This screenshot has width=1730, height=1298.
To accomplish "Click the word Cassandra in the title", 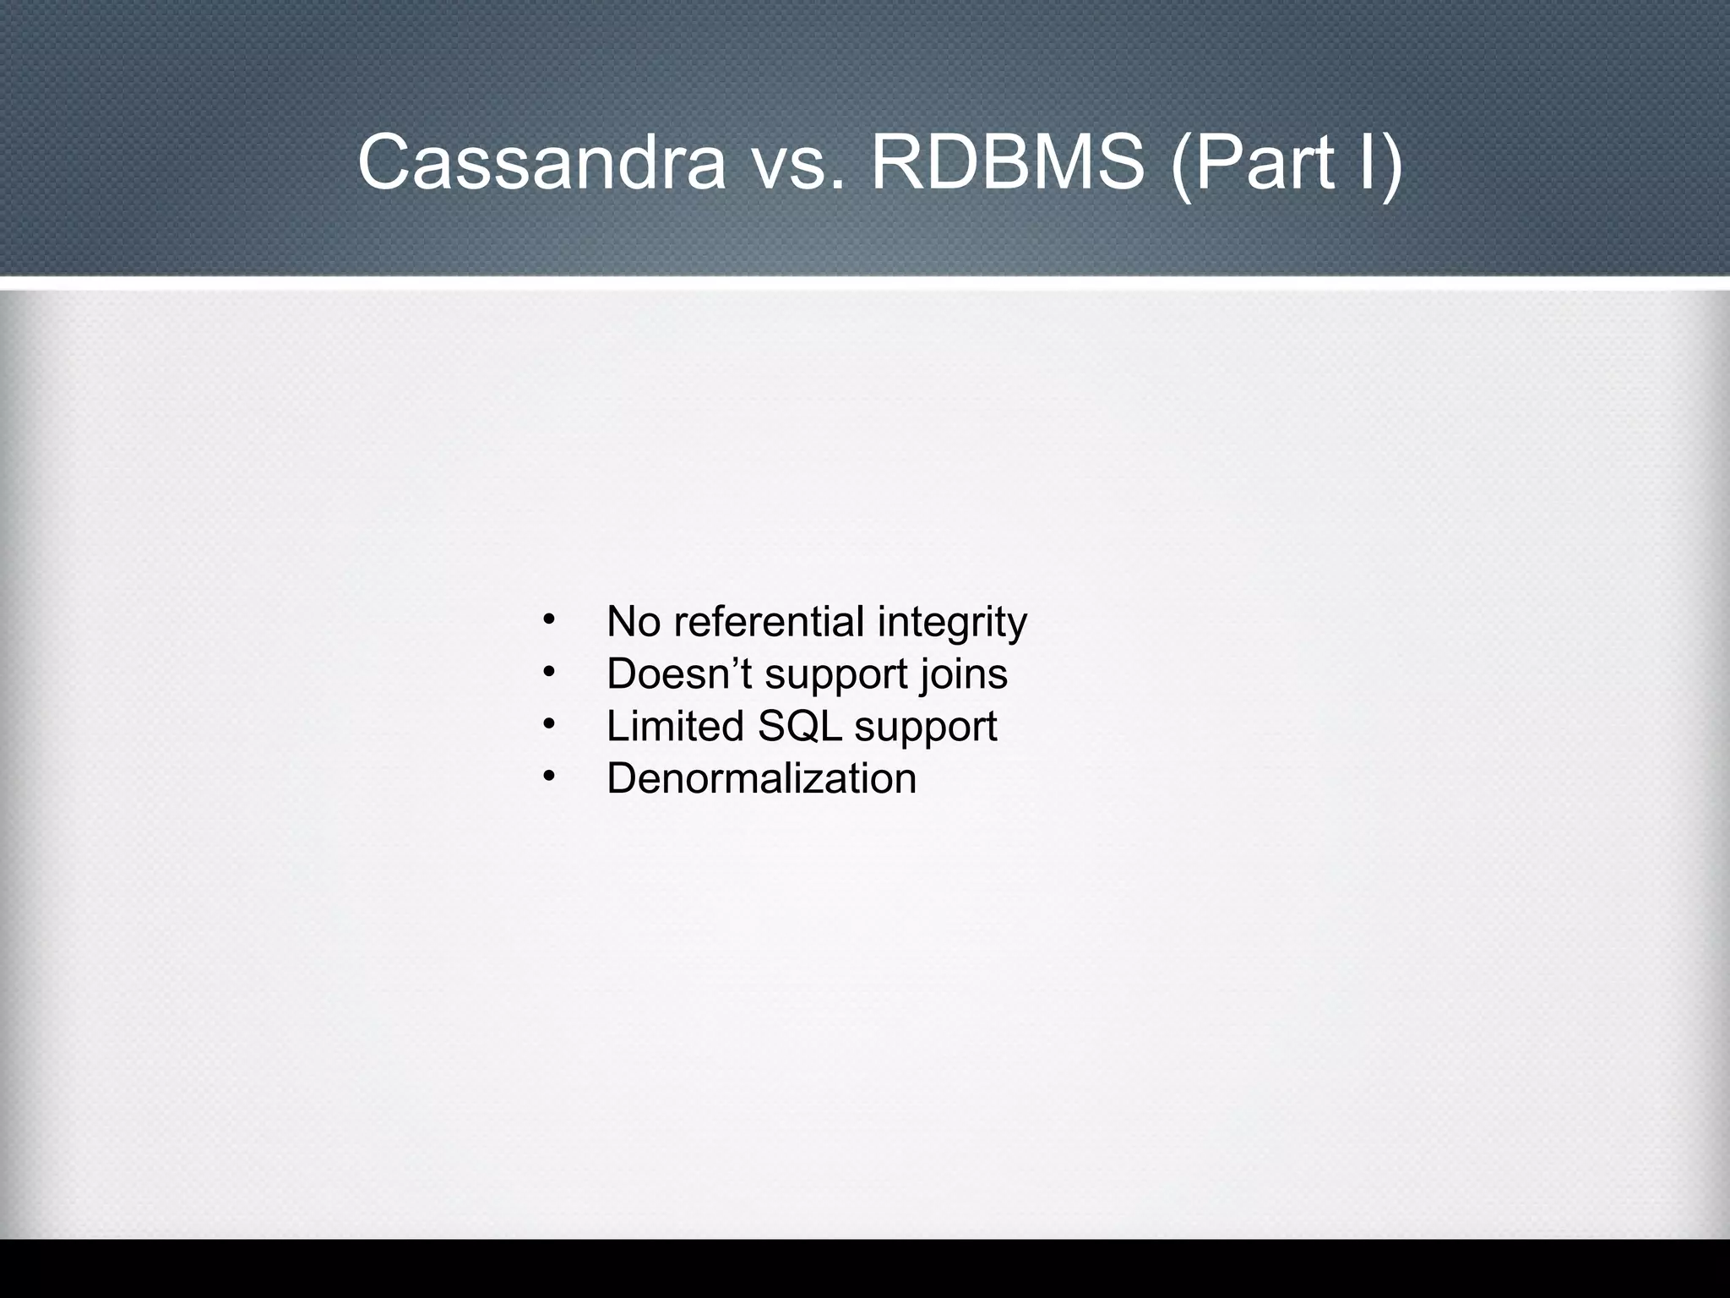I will (541, 162).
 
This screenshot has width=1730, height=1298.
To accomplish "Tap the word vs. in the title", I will (797, 162).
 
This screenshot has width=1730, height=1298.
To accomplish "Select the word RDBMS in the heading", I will (1007, 162).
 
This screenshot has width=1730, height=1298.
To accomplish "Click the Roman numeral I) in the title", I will (1376, 162).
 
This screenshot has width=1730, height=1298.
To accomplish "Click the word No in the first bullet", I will (634, 622).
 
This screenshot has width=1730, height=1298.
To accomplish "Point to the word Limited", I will (675, 726).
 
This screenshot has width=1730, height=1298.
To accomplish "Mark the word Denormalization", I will (761, 778).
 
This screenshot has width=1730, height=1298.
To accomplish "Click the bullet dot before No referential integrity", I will (548, 620).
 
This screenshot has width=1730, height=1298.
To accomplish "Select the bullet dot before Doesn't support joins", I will (548, 673).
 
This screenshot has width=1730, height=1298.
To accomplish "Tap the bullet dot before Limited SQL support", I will (548, 724).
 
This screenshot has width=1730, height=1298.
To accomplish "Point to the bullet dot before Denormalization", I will (548, 777).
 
